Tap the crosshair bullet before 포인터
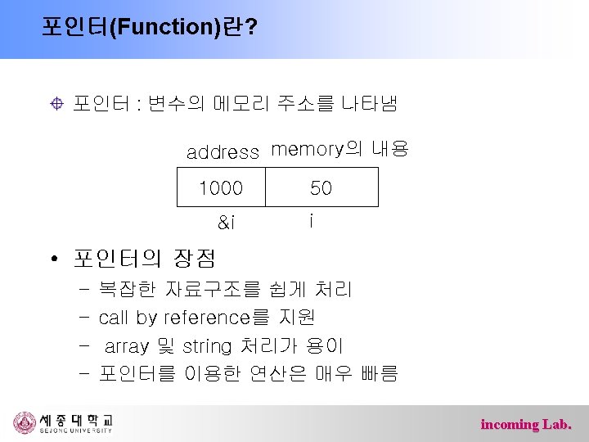click(x=56, y=104)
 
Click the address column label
click(x=223, y=152)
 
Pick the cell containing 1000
click(x=221, y=187)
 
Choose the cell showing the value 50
click(x=321, y=187)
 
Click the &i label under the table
click(x=226, y=221)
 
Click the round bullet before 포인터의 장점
click(x=52, y=261)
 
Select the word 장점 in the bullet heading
click(x=194, y=259)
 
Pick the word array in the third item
click(x=127, y=346)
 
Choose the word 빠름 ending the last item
click(x=379, y=374)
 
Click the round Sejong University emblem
click(x=25, y=423)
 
